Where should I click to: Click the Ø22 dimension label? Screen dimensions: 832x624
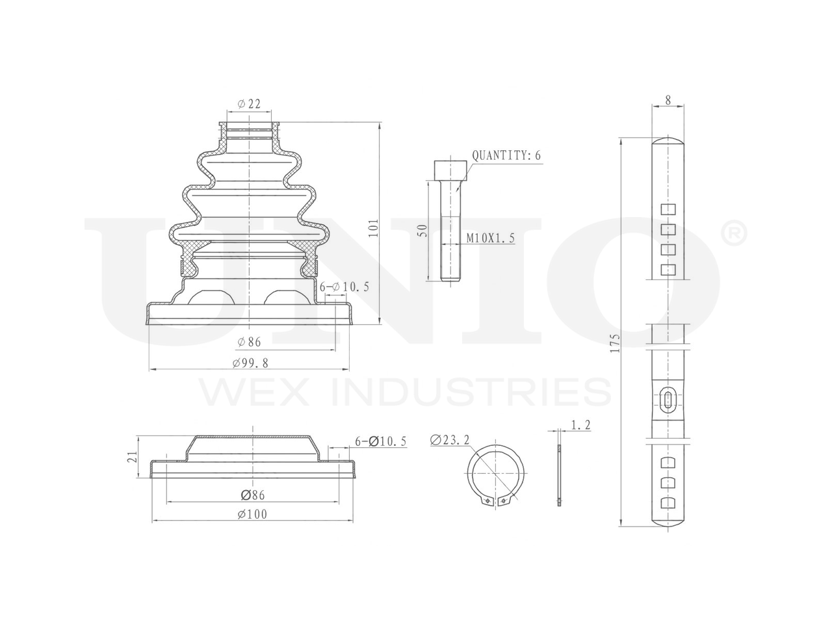tap(249, 103)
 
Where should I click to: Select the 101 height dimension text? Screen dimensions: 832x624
tap(374, 227)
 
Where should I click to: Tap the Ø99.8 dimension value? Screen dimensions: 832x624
tap(250, 363)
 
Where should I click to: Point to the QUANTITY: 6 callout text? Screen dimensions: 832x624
tap(506, 155)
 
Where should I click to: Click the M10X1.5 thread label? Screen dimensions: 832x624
tap(491, 239)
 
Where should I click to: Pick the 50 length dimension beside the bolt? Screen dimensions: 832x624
tap(422, 231)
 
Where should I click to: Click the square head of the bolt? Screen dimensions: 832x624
tap(450, 170)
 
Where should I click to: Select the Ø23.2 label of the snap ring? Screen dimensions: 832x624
tap(450, 440)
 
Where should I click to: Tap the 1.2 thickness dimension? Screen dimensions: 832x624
tap(580, 425)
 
